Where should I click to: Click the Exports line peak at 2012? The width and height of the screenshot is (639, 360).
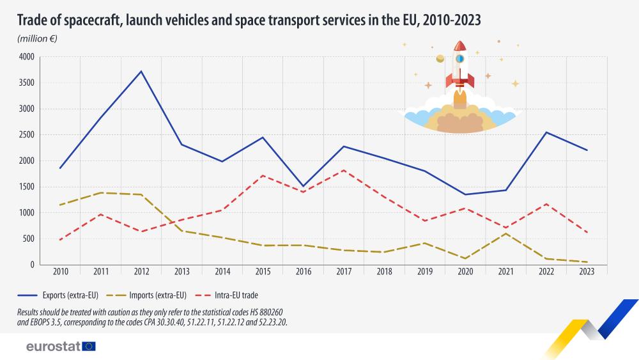coord(141,71)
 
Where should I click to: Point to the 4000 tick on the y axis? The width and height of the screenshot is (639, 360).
coord(26,57)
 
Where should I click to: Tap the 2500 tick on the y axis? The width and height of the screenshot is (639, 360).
coord(26,135)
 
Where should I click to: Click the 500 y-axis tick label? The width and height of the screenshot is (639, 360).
coord(29,239)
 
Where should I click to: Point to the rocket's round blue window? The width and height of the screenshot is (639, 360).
coord(459,59)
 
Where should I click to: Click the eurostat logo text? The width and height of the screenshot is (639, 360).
coord(53,347)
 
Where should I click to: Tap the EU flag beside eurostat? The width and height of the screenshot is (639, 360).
coord(89,347)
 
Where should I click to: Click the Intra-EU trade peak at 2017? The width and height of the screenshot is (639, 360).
coord(344,170)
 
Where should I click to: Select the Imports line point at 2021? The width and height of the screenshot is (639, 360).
coord(506,233)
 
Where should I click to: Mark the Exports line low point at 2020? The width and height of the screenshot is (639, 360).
coord(465,194)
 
